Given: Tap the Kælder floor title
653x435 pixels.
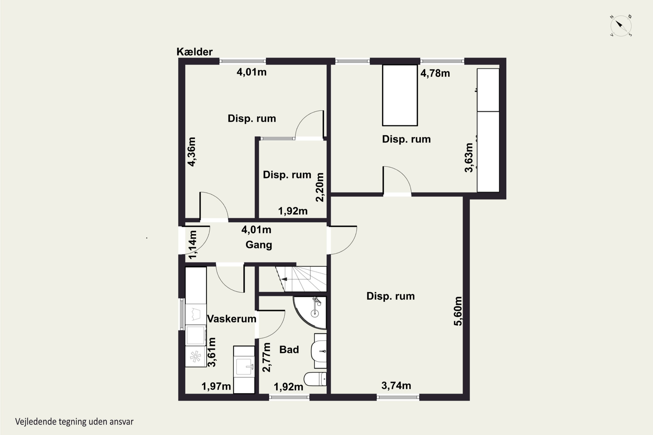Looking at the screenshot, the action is (x=194, y=52).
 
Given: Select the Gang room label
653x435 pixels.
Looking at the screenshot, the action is (x=259, y=245).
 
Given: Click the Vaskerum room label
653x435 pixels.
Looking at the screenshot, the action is (x=232, y=319).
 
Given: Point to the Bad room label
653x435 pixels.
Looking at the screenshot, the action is (x=289, y=350).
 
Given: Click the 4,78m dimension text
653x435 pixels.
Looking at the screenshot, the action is (x=435, y=73).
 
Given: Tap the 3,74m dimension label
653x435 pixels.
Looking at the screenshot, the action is (x=396, y=385).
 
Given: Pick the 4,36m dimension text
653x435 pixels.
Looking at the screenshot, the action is (x=192, y=152).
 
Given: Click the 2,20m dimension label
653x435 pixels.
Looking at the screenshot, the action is (x=320, y=187).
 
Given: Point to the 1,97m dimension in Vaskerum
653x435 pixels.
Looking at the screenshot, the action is (x=216, y=386).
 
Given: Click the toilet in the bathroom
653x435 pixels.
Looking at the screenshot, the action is (x=315, y=379).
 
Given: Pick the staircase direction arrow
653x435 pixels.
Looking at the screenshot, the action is (x=284, y=279).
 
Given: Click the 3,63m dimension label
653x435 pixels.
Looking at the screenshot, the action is (x=469, y=157).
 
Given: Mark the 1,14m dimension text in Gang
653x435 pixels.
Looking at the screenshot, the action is (x=192, y=245).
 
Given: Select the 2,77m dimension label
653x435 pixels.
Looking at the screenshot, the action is (x=266, y=357).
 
